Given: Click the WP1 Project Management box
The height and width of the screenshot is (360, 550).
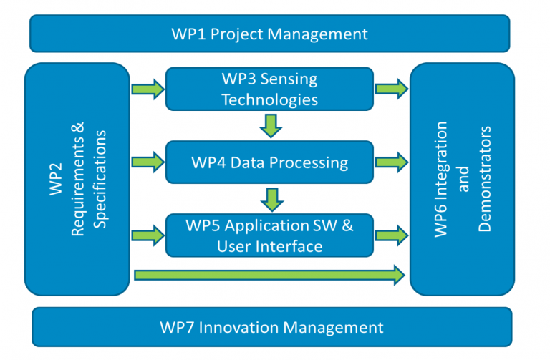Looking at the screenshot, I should pyautogui.click(x=269, y=34).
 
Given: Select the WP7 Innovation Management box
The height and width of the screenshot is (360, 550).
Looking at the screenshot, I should pyautogui.click(x=272, y=327).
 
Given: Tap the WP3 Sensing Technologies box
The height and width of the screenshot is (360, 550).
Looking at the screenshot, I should pyautogui.click(x=269, y=89).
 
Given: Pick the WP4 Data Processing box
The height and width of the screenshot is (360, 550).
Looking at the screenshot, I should pyautogui.click(x=269, y=162).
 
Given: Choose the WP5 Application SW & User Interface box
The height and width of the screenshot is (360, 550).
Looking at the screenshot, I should pyautogui.click(x=269, y=235).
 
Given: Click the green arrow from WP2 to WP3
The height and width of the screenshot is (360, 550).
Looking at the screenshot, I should pyautogui.click(x=148, y=89).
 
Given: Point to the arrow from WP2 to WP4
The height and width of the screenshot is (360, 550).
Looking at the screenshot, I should pyautogui.click(x=148, y=162).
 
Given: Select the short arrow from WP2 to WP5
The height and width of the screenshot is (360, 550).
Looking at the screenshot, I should pyautogui.click(x=148, y=235).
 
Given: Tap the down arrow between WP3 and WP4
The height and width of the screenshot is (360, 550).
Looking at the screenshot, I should pyautogui.click(x=270, y=125).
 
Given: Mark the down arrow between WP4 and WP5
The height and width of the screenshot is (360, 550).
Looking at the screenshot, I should pyautogui.click(x=270, y=198).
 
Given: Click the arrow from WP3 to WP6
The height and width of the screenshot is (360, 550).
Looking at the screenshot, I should pyautogui.click(x=391, y=89).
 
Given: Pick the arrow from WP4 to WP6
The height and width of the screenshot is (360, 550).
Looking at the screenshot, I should pyautogui.click(x=391, y=162).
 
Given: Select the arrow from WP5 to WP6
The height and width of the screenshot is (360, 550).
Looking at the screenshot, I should pyautogui.click(x=391, y=235).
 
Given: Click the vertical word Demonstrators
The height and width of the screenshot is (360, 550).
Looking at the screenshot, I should pyautogui.click(x=485, y=179).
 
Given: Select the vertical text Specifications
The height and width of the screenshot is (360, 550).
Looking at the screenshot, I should pyautogui.click(x=100, y=179).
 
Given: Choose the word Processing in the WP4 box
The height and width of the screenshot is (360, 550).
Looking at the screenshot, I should pyautogui.click(x=304, y=162).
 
